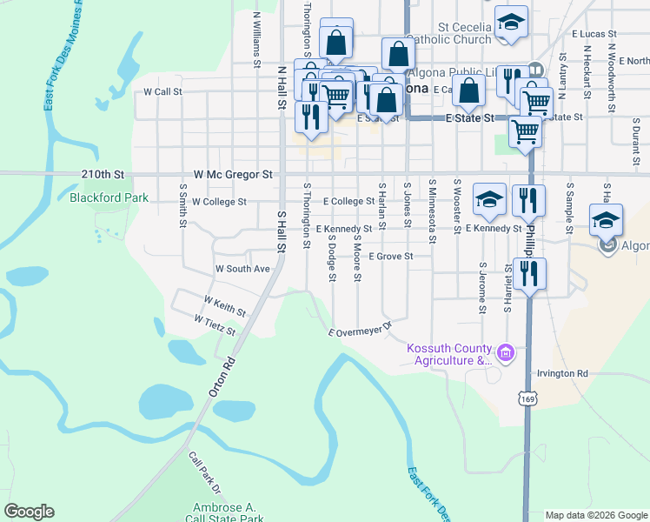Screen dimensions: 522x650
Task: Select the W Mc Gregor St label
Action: tap(233, 174)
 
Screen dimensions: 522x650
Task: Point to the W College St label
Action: tap(219, 202)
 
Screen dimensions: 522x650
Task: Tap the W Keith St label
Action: tap(224, 304)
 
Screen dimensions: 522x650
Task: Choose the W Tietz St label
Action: tap(215, 325)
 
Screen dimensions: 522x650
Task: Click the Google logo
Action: tap(29, 512)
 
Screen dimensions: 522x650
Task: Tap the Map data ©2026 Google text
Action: tap(596, 515)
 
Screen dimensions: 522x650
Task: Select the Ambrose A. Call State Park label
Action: tap(224, 513)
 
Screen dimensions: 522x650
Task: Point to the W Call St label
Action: tap(163, 90)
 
